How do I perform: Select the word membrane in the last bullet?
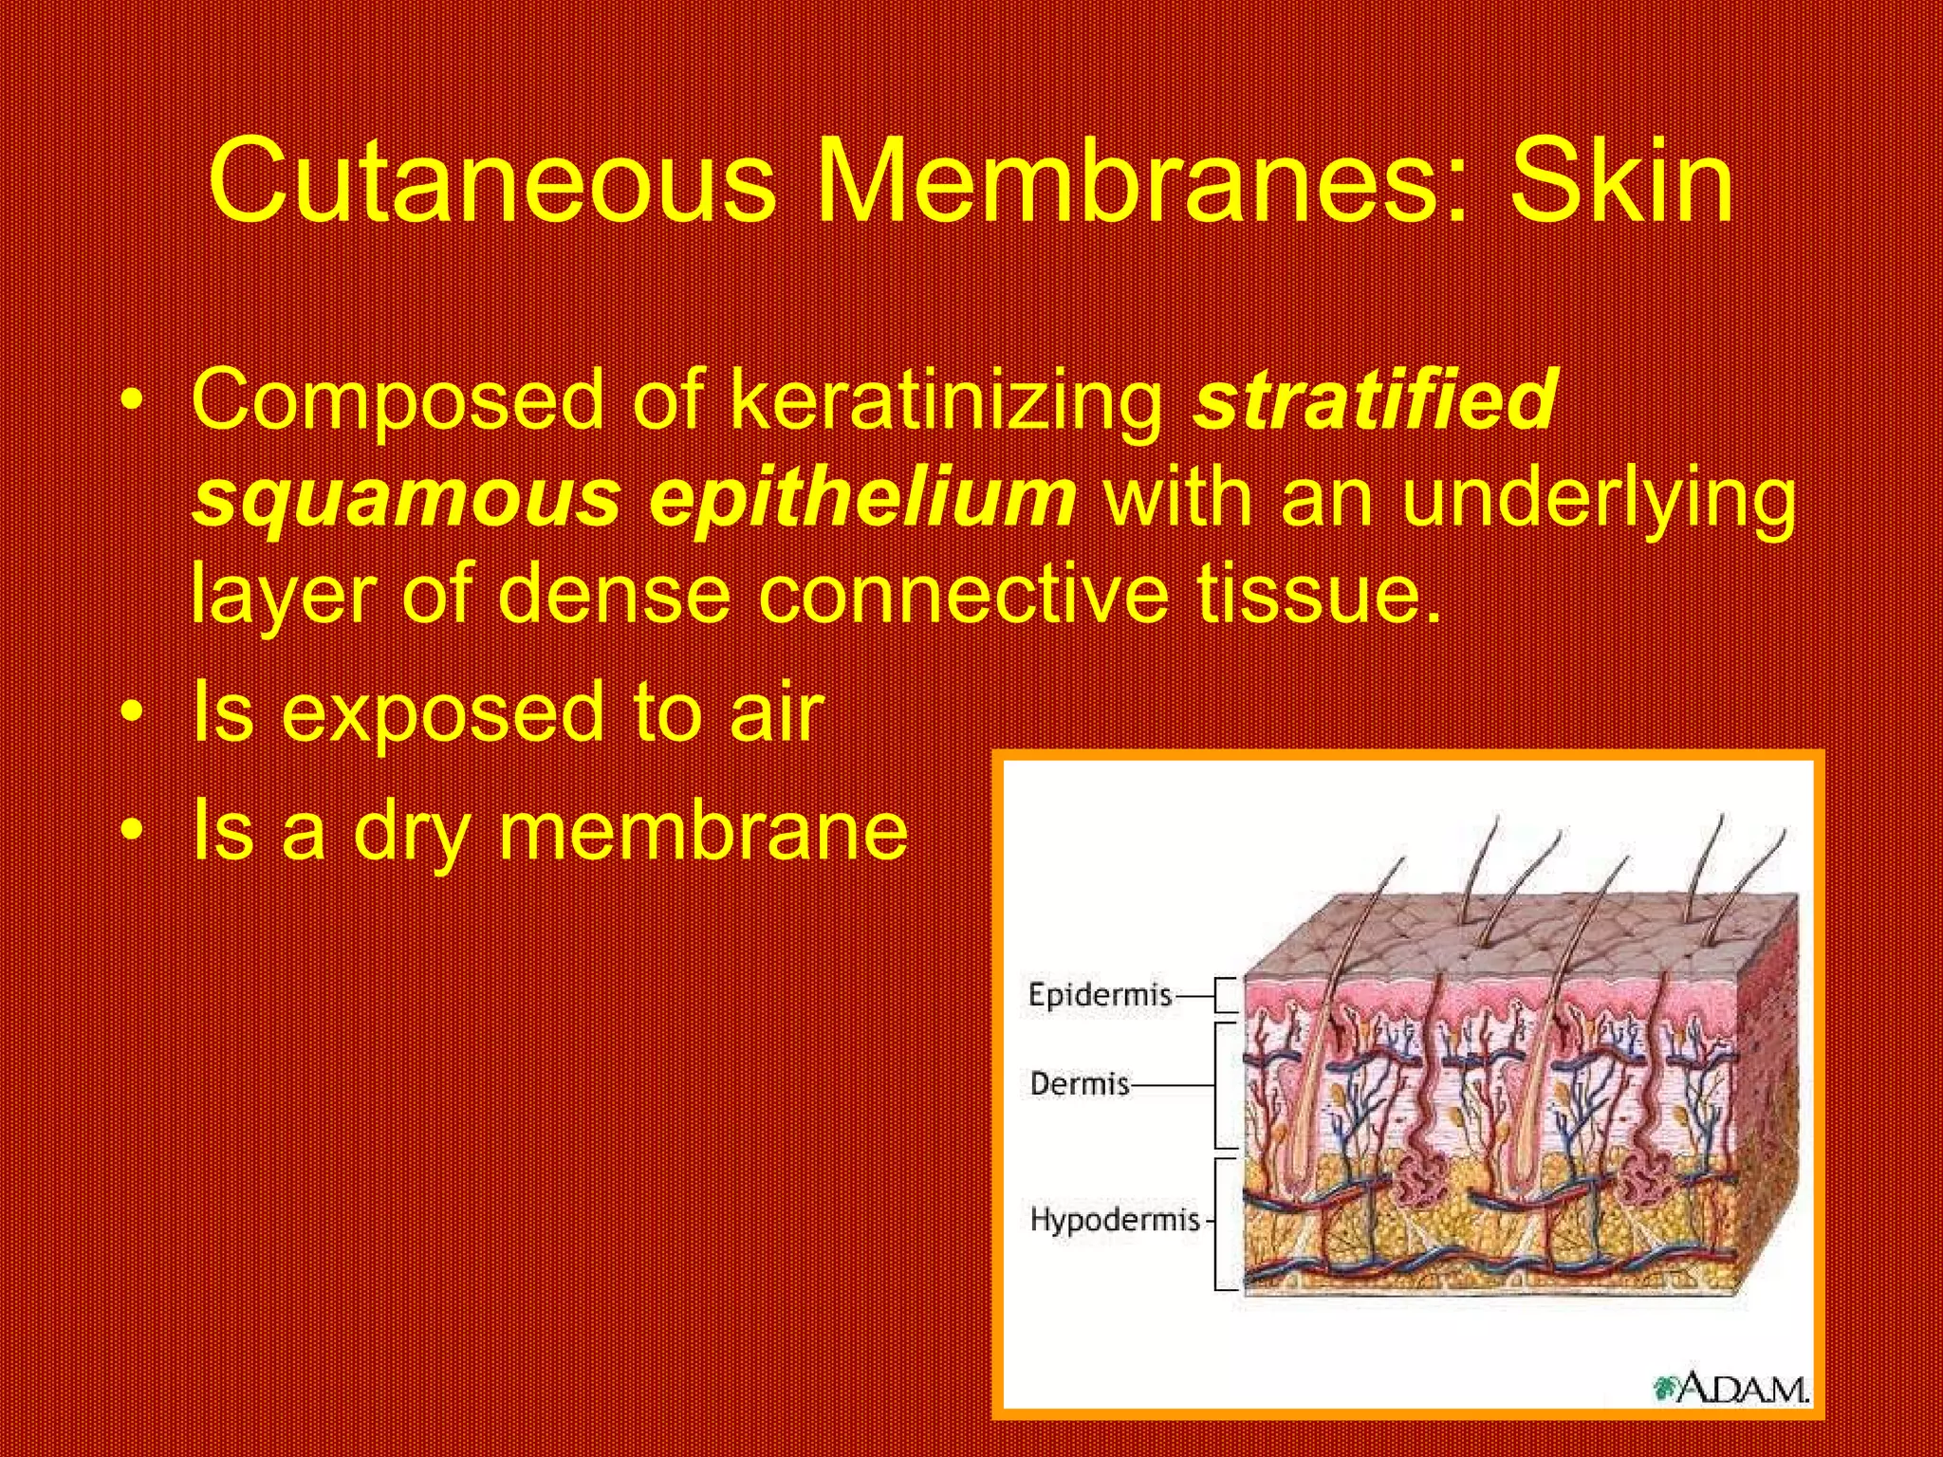pyautogui.click(x=703, y=830)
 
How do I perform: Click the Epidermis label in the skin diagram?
pyautogui.click(x=1101, y=995)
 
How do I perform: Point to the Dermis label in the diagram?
pyautogui.click(x=1080, y=1083)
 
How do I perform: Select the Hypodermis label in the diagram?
pyautogui.click(x=1115, y=1219)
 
